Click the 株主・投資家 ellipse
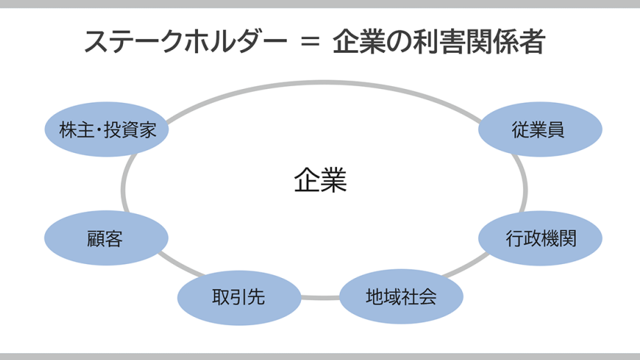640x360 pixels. coord(106,130)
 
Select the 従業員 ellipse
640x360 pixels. coord(541,130)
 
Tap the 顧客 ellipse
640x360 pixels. coord(106,239)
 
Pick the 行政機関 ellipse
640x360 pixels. coord(541,239)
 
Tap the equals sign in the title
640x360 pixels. coord(310,43)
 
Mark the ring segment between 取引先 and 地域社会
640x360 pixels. coord(320,298)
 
